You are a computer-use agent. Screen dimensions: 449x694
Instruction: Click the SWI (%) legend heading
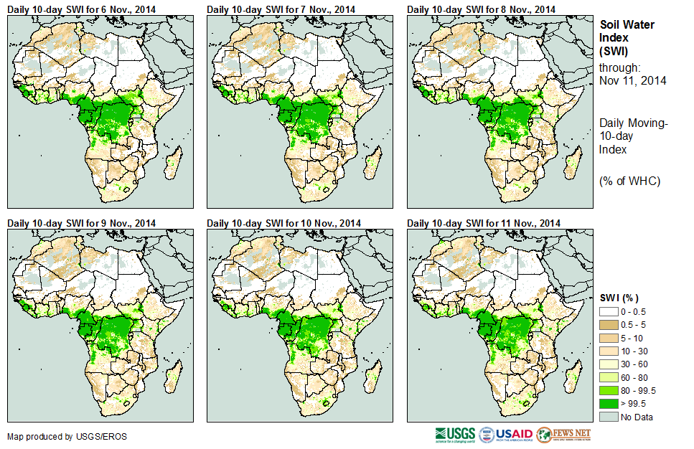coord(619,298)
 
